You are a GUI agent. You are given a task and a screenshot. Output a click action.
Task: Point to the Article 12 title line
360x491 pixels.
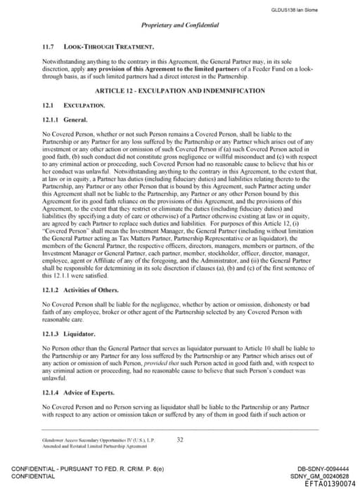[x=181, y=91]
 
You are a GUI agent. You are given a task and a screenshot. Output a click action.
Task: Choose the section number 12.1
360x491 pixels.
[x=48, y=105]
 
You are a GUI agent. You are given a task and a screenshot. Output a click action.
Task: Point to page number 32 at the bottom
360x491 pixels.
[x=180, y=440]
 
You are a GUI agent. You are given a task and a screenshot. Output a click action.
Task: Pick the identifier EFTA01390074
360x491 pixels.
[x=330, y=483]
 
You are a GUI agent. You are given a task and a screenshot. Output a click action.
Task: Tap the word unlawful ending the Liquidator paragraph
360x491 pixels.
[x=56, y=378]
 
